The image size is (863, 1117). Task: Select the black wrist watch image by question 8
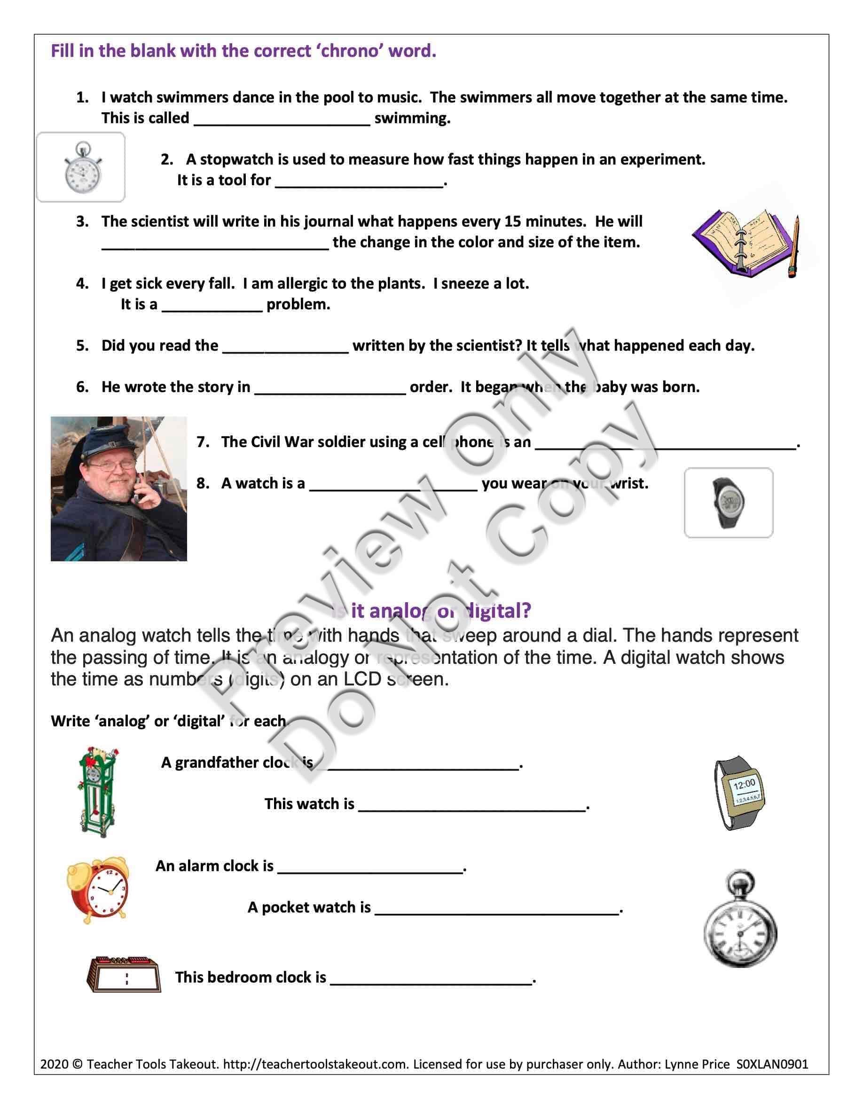(x=728, y=502)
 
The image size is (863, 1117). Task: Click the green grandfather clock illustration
(x=97, y=791)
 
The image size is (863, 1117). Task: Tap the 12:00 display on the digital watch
(x=744, y=784)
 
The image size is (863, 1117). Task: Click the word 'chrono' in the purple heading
(x=348, y=51)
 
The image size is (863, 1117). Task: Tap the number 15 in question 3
(x=513, y=221)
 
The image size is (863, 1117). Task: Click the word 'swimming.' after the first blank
(x=412, y=118)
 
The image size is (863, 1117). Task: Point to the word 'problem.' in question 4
(x=298, y=304)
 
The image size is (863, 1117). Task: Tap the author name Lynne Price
(x=697, y=1064)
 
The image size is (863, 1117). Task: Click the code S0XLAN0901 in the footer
(x=772, y=1064)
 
